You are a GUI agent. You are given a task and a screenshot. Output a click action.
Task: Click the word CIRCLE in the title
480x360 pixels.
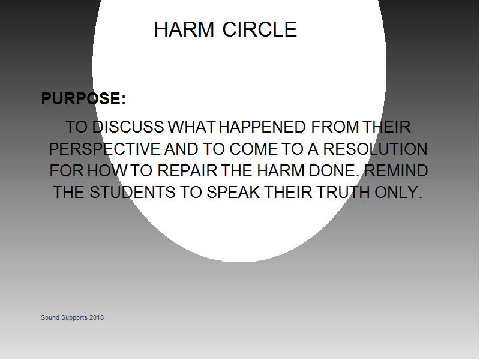pos(260,29)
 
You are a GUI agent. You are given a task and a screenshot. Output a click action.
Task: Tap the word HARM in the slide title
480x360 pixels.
pos(184,29)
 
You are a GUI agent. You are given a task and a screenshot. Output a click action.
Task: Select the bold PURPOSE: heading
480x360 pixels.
pos(83,98)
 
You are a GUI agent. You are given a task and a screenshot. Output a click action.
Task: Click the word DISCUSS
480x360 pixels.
pos(128,127)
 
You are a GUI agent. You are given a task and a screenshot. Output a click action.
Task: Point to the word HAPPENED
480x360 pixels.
pos(262,127)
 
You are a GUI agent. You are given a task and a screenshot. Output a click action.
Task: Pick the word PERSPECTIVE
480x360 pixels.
pos(104,149)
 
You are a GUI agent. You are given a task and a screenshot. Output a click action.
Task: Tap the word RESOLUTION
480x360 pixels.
pos(376,149)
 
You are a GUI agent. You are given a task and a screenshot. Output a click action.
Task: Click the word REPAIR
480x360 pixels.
pos(187,171)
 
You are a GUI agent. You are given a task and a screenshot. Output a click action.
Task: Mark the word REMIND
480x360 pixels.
pos(397,171)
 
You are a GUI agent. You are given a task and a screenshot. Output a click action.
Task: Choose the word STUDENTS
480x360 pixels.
pos(132,193)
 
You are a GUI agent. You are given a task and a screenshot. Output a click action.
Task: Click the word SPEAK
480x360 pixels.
pos(233,193)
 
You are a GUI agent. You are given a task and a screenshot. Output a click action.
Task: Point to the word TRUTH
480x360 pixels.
pos(343,193)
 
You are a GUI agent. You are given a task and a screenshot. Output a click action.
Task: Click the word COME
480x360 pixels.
pos(253,149)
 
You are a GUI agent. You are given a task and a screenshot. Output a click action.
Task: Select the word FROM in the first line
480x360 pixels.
pos(335,127)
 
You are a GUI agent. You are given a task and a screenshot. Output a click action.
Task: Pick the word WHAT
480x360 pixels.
pos(192,127)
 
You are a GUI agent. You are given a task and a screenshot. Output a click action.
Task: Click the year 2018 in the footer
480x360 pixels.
pos(97,318)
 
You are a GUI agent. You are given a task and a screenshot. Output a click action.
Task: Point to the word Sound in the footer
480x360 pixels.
pos(50,318)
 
